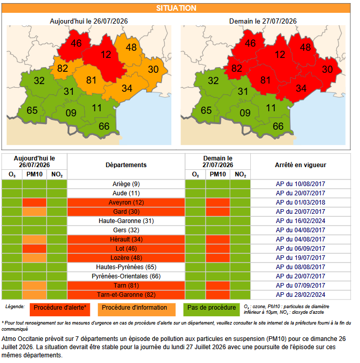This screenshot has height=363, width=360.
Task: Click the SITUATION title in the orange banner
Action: pos(176,8)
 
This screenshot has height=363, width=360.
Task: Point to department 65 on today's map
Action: pos(32,110)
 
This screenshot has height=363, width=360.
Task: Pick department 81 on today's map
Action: pos(91,80)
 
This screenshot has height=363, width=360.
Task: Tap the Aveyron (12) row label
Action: pos(126,203)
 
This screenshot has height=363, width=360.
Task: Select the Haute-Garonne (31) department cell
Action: pos(126,221)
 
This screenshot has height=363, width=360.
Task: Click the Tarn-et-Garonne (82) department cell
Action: pos(126,295)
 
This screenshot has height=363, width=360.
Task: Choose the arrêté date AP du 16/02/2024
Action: pos(301,221)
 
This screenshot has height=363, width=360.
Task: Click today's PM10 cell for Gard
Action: pos(34,212)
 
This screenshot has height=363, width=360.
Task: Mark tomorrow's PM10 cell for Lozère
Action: pos(218,258)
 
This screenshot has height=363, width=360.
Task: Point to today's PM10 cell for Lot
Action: pos(34,248)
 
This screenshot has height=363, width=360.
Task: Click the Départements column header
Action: pos(126,165)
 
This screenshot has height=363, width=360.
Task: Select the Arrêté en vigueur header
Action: pos(301,165)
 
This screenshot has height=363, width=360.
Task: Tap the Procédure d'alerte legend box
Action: pos(60,310)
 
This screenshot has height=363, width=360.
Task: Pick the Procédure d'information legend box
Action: pos(136,310)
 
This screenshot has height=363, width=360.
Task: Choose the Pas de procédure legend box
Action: pos(211,310)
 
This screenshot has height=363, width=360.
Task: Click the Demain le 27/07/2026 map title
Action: pos(263,22)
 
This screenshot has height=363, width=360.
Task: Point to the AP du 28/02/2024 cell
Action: pos(301,295)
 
